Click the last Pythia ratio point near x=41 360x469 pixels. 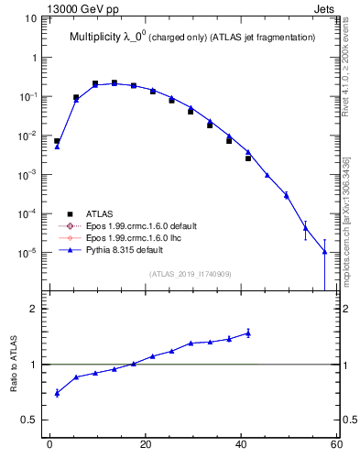[247, 333]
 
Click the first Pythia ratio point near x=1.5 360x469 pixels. [57, 393]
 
